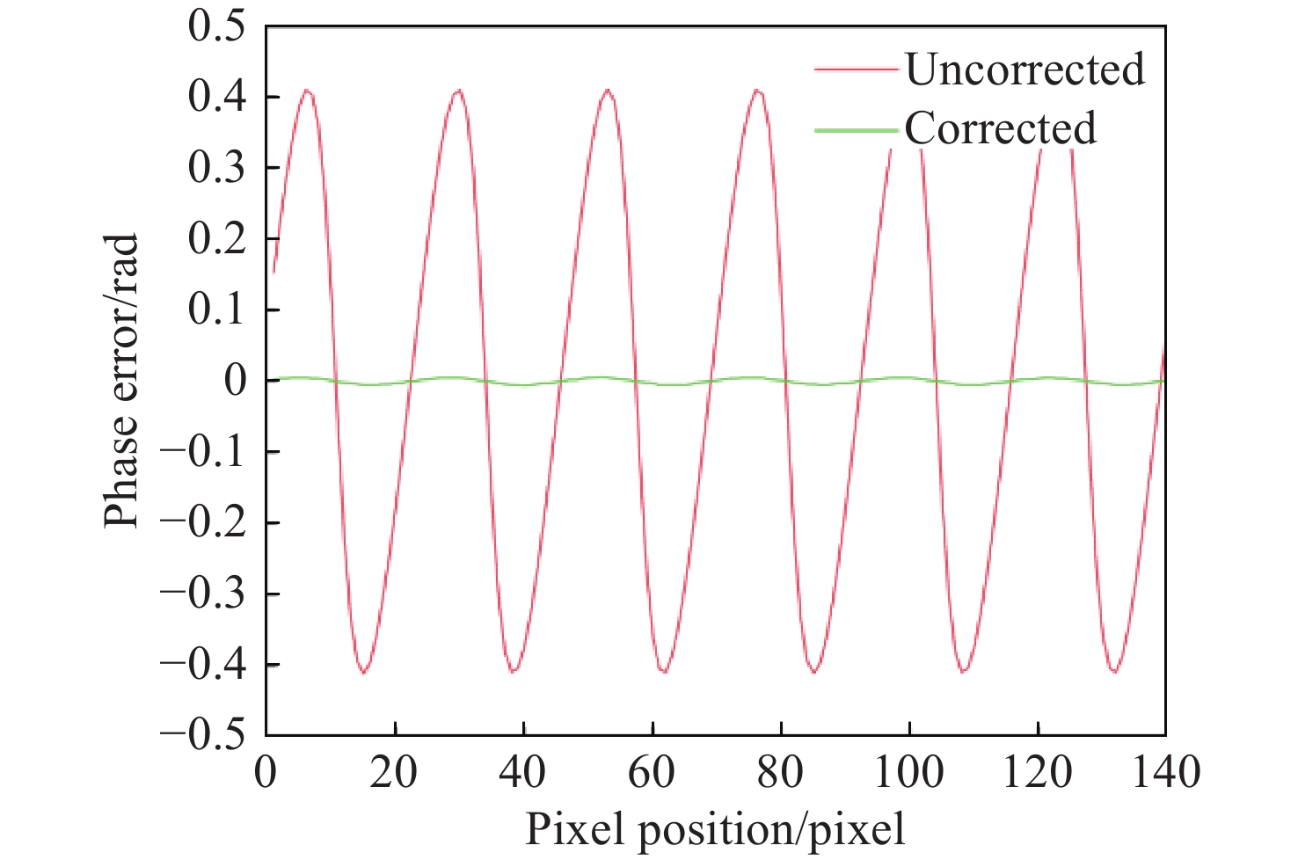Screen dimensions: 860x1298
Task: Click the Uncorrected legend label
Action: click(1025, 69)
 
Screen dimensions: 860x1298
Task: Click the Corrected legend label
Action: click(1000, 128)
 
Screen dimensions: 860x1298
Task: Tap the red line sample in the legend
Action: click(856, 69)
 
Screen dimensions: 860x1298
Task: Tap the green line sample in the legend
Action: click(856, 130)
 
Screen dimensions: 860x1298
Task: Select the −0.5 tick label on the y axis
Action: click(203, 734)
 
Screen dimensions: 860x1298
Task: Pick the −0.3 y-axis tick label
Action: click(203, 593)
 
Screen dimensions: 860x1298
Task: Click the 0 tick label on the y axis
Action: click(235, 381)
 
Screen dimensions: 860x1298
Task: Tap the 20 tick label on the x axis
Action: click(395, 773)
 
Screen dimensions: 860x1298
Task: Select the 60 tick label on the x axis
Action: click(652, 773)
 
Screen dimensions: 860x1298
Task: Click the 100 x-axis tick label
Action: click(908, 773)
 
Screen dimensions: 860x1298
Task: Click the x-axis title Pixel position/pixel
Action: click(714, 829)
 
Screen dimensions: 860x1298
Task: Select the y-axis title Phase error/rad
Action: click(121, 381)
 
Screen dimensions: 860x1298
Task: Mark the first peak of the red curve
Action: click(307, 90)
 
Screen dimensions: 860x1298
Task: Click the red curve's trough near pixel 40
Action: click(514, 672)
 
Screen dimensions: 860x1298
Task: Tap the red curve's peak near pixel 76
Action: click(758, 90)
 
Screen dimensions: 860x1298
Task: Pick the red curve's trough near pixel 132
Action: click(1115, 672)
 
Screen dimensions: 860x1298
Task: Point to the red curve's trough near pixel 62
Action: click(664, 672)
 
